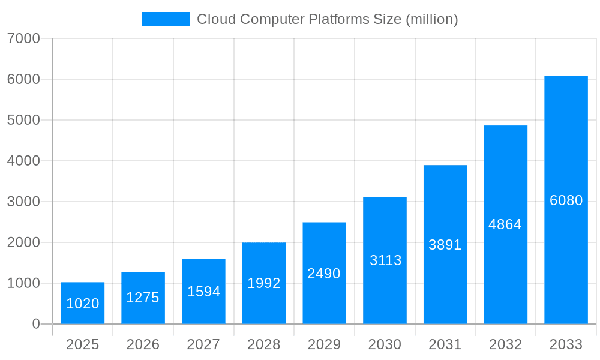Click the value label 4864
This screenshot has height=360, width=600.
(x=505, y=224)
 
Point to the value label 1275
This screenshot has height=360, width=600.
(x=143, y=298)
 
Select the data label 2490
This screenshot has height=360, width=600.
(x=324, y=274)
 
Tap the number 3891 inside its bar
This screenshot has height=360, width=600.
(x=445, y=245)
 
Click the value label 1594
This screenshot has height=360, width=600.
(x=203, y=292)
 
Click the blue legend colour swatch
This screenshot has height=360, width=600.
(x=165, y=19)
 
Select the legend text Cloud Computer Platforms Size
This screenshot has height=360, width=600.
(x=299, y=19)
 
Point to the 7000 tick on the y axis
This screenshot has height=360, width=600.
(x=23, y=38)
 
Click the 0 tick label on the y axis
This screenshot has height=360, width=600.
(x=35, y=324)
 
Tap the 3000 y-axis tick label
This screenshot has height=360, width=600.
(x=23, y=202)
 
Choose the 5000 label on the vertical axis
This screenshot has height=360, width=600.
(x=23, y=120)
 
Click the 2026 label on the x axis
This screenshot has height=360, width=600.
(x=143, y=344)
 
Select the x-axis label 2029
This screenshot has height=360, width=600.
(x=324, y=344)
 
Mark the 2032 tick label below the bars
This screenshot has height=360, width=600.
(x=505, y=344)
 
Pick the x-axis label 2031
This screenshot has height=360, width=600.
(x=445, y=344)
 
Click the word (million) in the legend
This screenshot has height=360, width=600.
(x=432, y=19)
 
